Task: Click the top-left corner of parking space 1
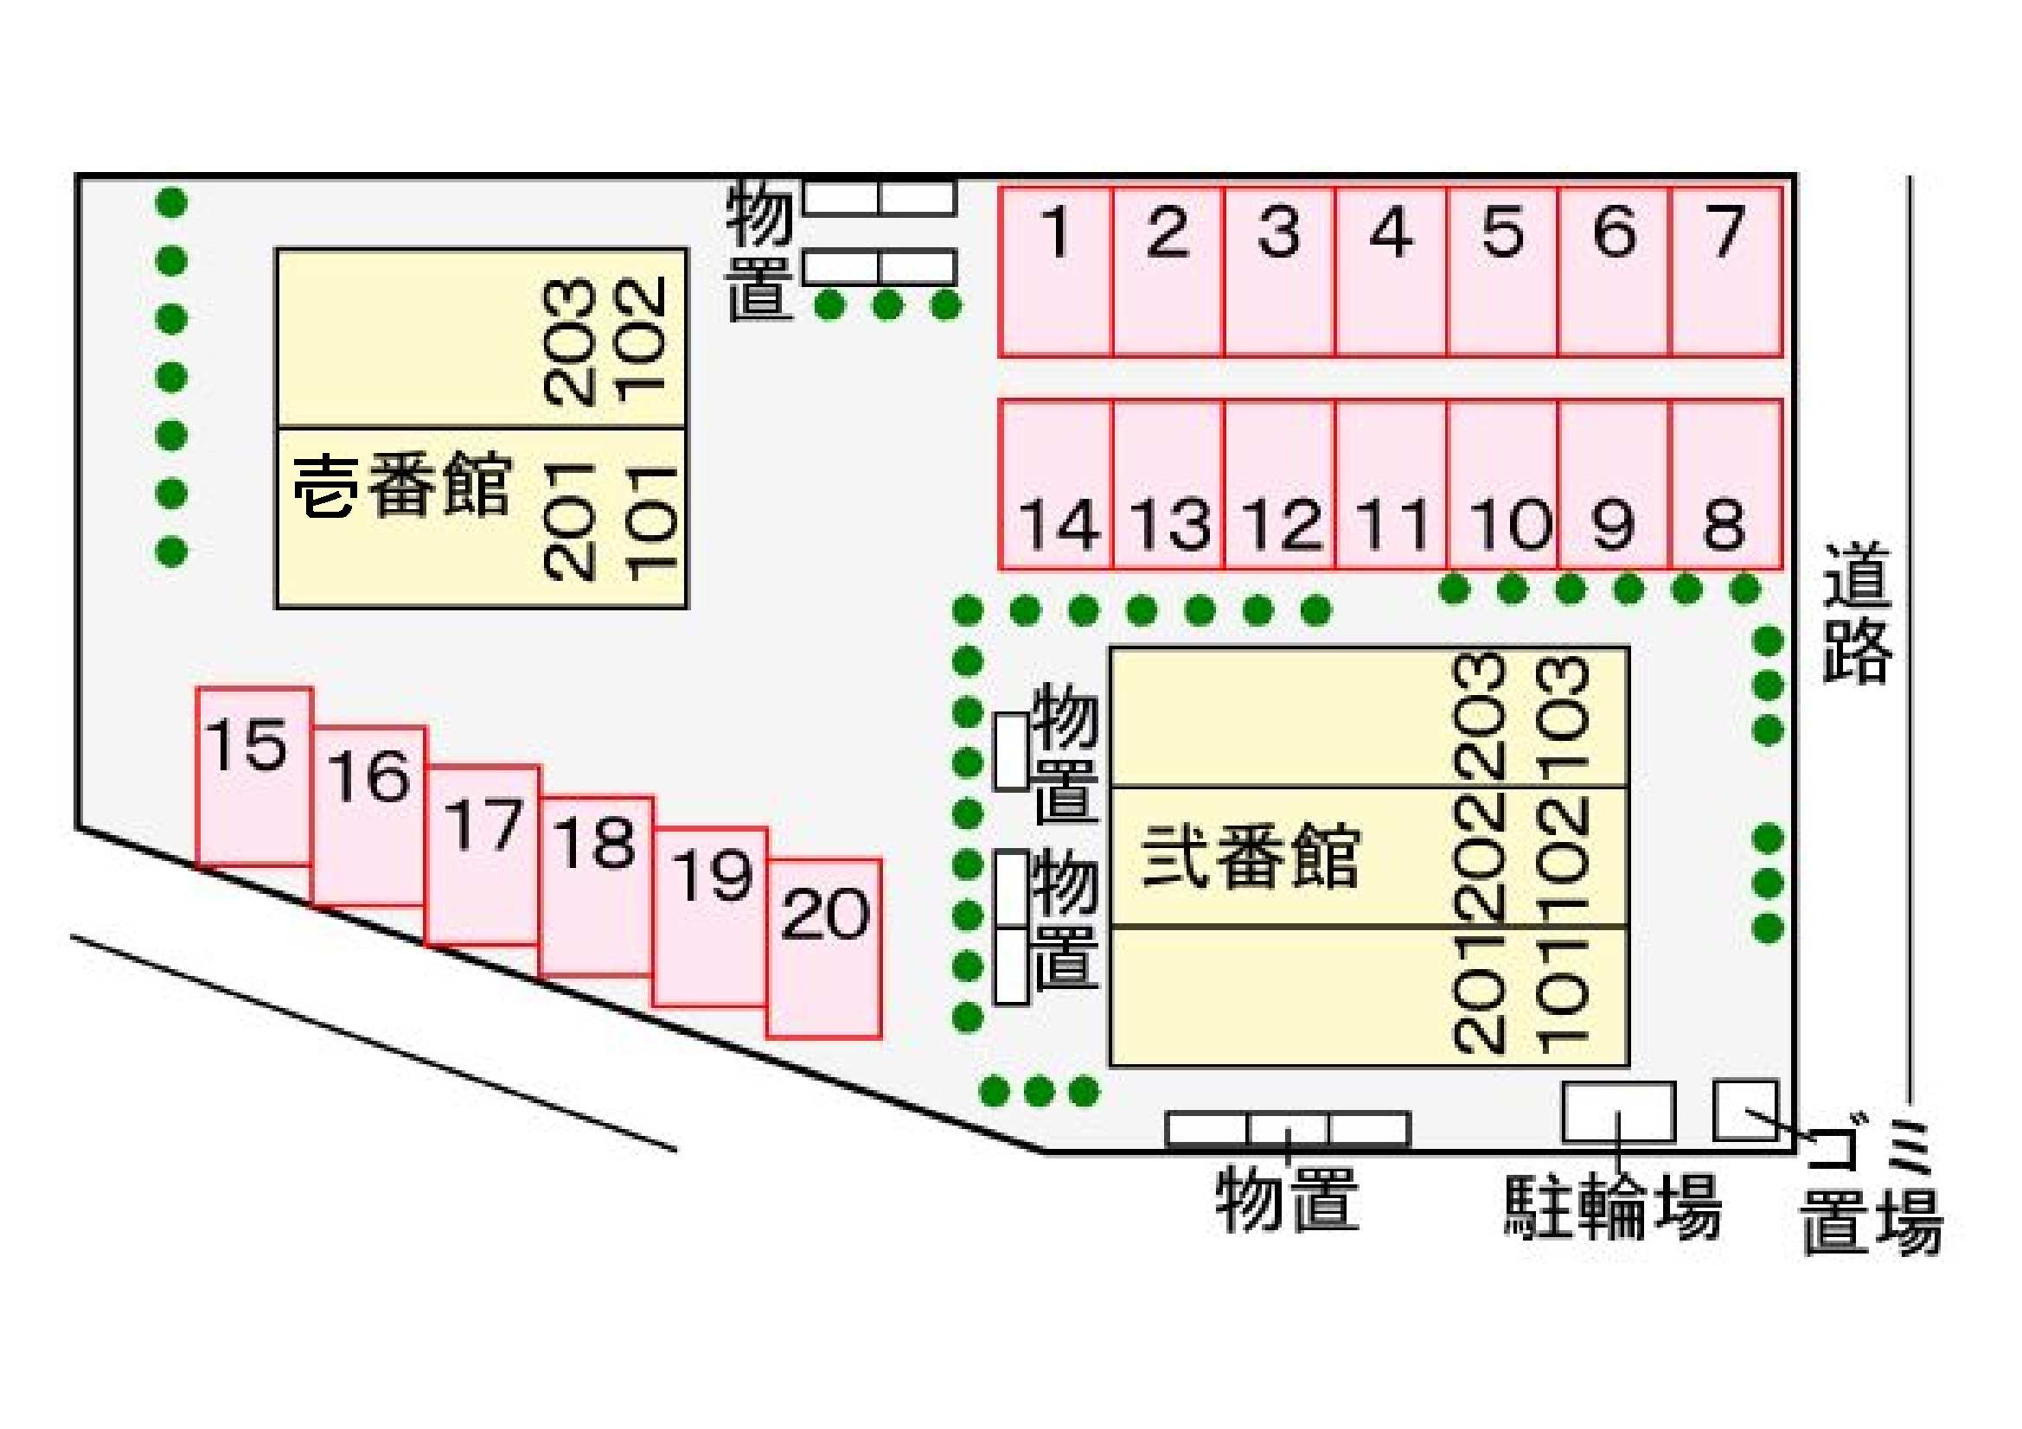1001,188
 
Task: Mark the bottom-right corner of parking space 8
1782,569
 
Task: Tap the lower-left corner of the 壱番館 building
278,607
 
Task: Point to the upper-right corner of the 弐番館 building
1628,649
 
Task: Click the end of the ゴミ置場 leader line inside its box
1747,1112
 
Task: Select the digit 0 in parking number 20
848,913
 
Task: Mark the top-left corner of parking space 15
197,689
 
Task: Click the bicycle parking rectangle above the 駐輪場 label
1619,1111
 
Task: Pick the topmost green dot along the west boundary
172,202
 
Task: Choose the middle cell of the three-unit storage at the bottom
1288,1130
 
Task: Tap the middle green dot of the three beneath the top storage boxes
887,305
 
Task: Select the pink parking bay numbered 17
483,855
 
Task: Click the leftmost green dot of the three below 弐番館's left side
995,1091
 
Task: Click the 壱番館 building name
401,485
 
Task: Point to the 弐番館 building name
1251,857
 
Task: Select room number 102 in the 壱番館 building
640,340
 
